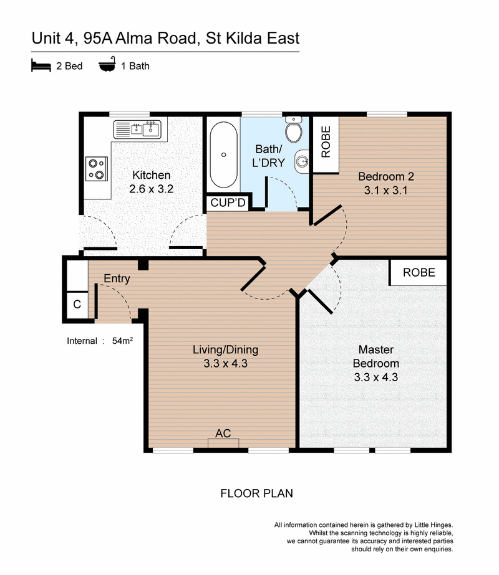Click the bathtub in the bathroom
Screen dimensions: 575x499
tap(223, 154)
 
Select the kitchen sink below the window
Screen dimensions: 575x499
tap(137, 129)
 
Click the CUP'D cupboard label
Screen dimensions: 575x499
tap(228, 203)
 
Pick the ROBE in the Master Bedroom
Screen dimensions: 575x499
tap(419, 272)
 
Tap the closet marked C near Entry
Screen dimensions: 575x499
tap(77, 305)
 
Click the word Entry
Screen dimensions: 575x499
tap(117, 278)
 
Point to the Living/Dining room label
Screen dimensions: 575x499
tap(225, 349)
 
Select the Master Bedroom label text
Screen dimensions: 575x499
tap(375, 356)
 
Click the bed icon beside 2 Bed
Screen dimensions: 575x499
tap(41, 65)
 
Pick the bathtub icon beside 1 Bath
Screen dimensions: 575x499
tap(107, 65)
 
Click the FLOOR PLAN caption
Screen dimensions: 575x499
tap(256, 493)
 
